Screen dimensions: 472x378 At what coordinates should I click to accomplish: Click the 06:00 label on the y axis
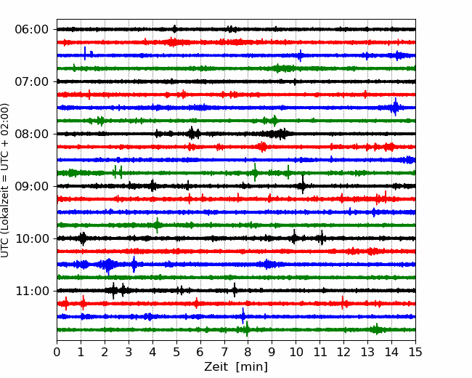tap(32, 30)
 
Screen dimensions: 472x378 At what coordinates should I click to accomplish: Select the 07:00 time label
tap(32, 81)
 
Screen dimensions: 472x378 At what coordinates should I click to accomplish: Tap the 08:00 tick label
tap(32, 134)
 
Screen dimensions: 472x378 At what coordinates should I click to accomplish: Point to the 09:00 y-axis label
tap(32, 186)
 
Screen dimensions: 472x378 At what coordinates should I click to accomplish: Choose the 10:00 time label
tap(32, 238)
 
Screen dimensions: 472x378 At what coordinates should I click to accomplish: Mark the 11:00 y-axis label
tap(32, 291)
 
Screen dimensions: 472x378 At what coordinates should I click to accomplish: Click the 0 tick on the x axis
tap(57, 352)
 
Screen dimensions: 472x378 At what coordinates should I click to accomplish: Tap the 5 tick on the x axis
tap(176, 352)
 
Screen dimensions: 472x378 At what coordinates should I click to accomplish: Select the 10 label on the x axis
tap(296, 352)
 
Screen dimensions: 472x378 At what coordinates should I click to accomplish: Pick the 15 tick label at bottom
tap(415, 352)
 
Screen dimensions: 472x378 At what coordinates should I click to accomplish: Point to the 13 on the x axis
tap(367, 352)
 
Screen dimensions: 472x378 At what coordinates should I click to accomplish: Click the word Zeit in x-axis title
tap(216, 367)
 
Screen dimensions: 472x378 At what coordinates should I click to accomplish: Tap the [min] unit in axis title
tap(252, 367)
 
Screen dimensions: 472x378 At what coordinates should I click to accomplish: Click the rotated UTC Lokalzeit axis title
tap(5, 180)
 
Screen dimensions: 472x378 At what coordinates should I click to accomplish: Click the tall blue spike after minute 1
tap(85, 53)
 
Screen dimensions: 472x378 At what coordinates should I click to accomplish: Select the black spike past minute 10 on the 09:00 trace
tap(303, 185)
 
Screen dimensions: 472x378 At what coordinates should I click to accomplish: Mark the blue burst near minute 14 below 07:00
tap(395, 107)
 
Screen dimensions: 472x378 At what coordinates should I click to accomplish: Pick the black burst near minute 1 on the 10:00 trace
tap(83, 238)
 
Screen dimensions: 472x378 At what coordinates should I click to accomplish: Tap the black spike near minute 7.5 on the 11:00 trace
tap(235, 290)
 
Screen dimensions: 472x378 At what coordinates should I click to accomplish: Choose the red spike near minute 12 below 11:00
tap(343, 302)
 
